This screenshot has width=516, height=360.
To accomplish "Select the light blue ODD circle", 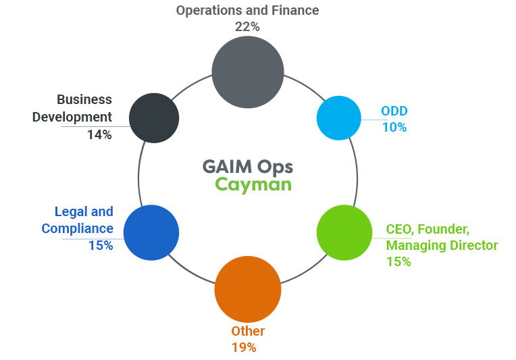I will (x=339, y=118).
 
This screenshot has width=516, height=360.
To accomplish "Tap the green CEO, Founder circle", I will (x=344, y=232).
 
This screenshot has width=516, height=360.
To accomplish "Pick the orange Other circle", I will (x=247, y=289).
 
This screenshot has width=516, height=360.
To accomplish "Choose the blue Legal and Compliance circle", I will (x=151, y=232).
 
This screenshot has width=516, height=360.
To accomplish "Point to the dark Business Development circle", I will (x=154, y=118).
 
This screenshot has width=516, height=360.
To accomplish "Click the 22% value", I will (x=247, y=26).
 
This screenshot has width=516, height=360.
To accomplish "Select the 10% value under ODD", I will (x=394, y=127).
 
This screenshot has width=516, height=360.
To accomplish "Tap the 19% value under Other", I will (x=244, y=347).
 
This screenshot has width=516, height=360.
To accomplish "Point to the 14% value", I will (x=99, y=134).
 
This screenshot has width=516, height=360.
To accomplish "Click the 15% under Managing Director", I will (x=398, y=261).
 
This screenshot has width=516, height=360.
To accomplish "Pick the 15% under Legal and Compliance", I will (x=101, y=245).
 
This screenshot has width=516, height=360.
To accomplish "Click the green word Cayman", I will (x=253, y=184).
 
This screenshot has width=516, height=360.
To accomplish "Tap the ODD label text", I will (x=394, y=111).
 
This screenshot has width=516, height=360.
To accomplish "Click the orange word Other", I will (x=248, y=331).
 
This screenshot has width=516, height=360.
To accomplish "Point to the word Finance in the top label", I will (x=294, y=10).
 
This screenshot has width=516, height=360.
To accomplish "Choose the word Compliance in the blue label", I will (x=78, y=228).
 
